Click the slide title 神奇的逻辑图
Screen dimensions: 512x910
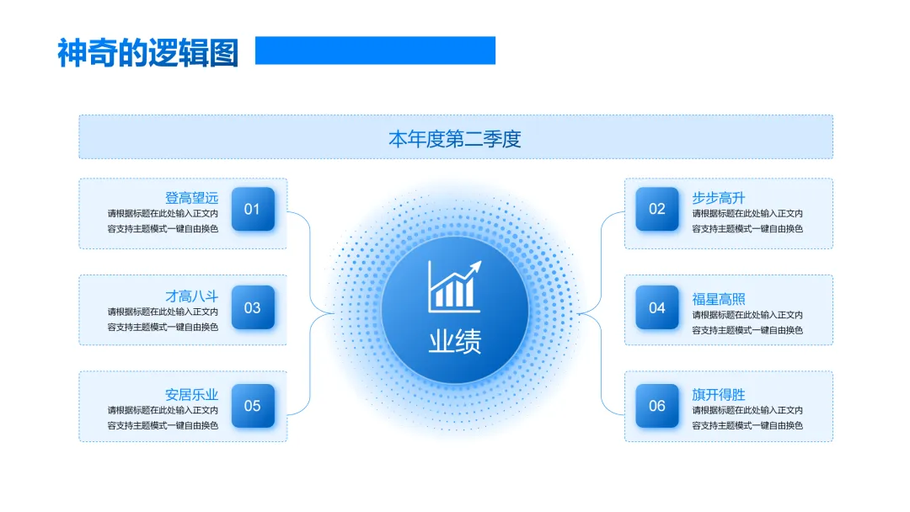click(148, 52)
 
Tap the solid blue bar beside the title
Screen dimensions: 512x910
click(375, 51)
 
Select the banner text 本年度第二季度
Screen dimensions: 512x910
click(455, 138)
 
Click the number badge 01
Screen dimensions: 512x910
click(253, 209)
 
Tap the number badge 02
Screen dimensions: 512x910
click(657, 209)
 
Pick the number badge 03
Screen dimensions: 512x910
click(253, 308)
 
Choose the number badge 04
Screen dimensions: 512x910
click(657, 308)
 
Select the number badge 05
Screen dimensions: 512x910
click(253, 406)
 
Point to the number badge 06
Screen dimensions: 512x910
click(657, 406)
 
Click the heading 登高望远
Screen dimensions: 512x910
click(191, 198)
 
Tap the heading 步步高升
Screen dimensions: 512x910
click(719, 198)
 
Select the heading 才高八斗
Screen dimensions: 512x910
click(191, 296)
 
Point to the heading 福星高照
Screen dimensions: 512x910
click(719, 299)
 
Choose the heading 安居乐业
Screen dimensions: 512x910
click(191, 394)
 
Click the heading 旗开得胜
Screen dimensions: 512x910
click(719, 394)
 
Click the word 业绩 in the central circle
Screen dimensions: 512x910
click(455, 341)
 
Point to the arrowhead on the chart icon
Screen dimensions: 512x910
click(476, 266)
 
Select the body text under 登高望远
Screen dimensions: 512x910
click(163, 221)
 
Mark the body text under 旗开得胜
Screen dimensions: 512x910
click(747, 418)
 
